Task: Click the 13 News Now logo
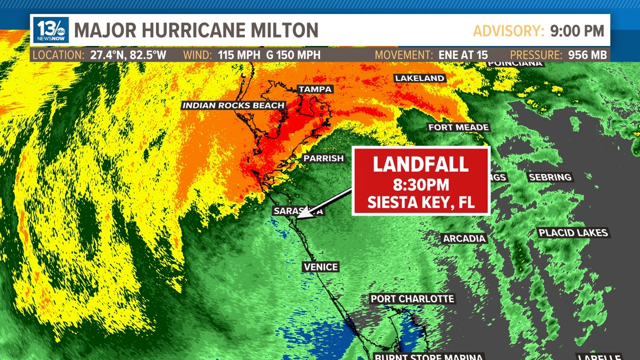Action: point(51,30)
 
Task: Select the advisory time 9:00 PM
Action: point(577,31)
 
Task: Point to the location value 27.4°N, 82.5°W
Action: point(128,55)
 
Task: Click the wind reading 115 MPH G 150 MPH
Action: point(269,55)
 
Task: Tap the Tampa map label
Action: point(315,89)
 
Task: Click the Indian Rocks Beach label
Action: point(233,105)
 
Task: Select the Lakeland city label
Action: point(419,78)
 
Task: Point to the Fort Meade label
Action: point(458,127)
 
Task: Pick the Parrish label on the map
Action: point(323,158)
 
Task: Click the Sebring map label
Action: point(550,177)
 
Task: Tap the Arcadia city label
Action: point(464,239)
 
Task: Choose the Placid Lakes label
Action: point(573,233)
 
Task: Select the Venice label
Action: point(320,267)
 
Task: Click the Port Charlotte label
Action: point(412,299)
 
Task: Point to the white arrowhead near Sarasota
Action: point(304,213)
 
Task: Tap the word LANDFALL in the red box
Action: point(420,164)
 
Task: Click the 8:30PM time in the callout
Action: point(420,185)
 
